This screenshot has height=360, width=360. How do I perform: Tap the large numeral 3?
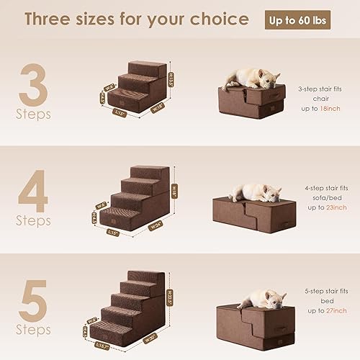[x=34, y=84]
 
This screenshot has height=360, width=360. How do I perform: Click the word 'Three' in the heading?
[x=55, y=19]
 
